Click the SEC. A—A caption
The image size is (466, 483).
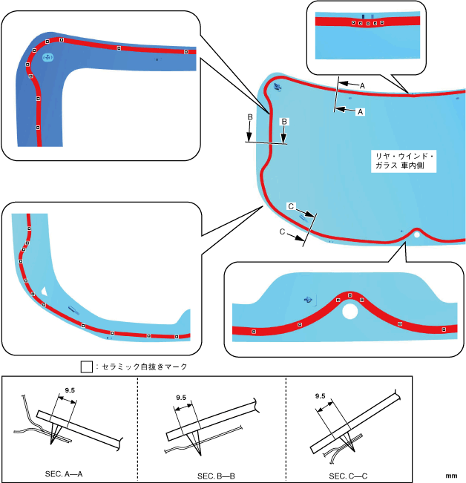tap(67, 473)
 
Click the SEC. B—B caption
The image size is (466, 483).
tap(215, 473)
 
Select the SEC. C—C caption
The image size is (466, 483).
tap(349, 473)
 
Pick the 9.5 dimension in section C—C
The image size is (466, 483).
tap(321, 395)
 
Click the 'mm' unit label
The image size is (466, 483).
tap(451, 473)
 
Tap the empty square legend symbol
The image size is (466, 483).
tap(86, 367)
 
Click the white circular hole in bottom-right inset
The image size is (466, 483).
tap(349, 312)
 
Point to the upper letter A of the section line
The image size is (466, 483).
tap(362, 86)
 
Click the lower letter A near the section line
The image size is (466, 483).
tap(361, 112)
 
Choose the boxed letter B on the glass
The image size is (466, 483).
tap(283, 120)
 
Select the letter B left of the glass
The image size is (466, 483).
tap(250, 117)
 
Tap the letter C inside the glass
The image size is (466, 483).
tap(291, 206)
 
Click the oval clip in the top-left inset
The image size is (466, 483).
tap(47, 57)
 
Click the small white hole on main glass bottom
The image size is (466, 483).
tap(418, 234)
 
